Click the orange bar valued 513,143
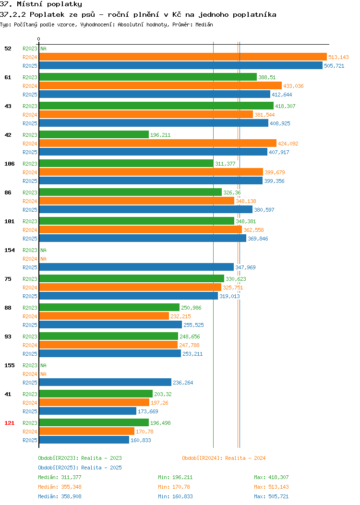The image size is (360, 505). [x=183, y=57]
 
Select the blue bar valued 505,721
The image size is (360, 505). [x=180, y=66]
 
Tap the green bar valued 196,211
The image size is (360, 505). [x=94, y=135]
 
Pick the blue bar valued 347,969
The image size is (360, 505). [x=136, y=267]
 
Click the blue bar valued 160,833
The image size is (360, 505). [x=84, y=440]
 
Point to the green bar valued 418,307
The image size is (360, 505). [x=156, y=106]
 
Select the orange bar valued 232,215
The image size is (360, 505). [x=104, y=316]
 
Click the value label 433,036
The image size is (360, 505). [x=293, y=86]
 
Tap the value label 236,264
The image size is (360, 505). [x=183, y=383]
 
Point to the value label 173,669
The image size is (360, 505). [x=148, y=411]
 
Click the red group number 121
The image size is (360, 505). [x=9, y=423]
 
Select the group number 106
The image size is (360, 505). [x=9, y=164]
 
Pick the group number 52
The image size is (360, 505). [x=8, y=48]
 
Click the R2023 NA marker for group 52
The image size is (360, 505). [x=44, y=48]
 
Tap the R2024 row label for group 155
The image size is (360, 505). [x=30, y=374]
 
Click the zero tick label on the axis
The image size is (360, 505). [x=39, y=39]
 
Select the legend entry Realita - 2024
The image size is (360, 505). [x=224, y=458]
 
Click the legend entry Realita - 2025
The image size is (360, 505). [x=80, y=468]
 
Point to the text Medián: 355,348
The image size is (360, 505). [x=60, y=487]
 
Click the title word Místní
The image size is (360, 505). [x=30, y=4]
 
